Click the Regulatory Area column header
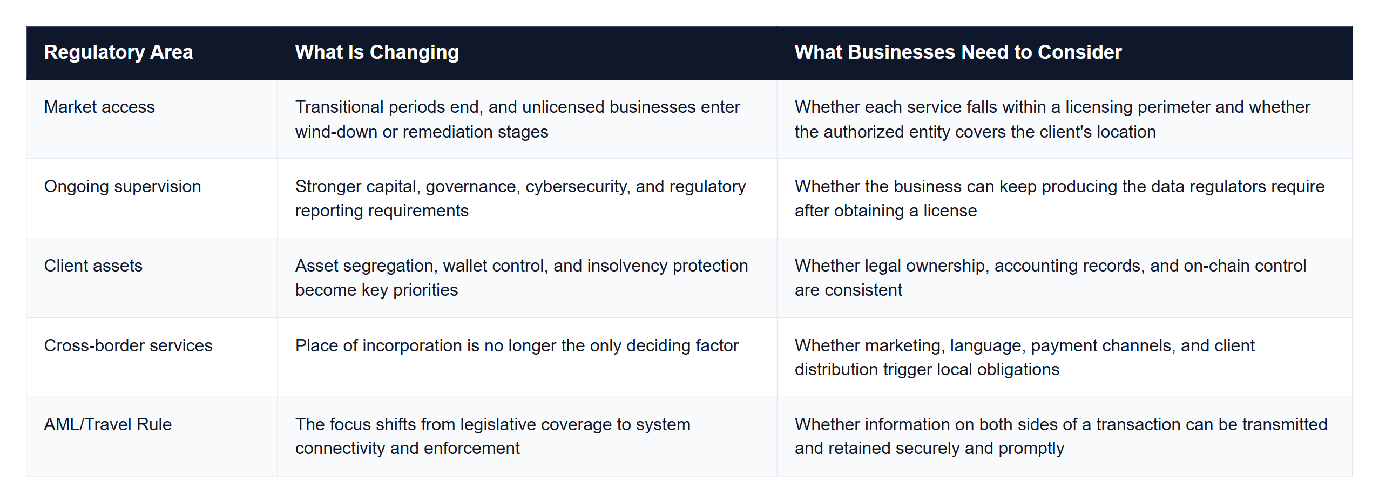[x=118, y=52]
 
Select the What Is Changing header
[x=377, y=52]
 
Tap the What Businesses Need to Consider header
[x=958, y=52]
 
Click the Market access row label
[x=99, y=107]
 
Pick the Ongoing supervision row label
[x=123, y=187]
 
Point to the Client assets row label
[x=93, y=266]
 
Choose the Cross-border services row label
[x=128, y=345]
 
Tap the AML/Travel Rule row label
[x=107, y=424]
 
